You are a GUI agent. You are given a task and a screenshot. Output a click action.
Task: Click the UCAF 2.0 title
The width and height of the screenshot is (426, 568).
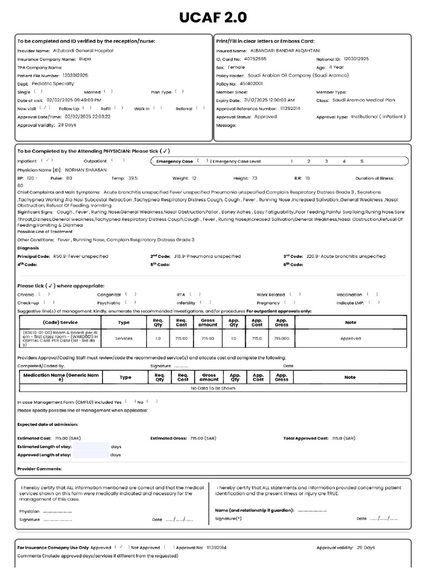click(x=213, y=18)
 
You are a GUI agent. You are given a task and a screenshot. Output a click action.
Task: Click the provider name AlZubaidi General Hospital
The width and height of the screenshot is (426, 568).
click(x=83, y=50)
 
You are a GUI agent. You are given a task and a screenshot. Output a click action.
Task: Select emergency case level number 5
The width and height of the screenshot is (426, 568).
click(x=362, y=161)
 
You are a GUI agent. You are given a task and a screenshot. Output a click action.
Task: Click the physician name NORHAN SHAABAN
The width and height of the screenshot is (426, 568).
click(x=85, y=169)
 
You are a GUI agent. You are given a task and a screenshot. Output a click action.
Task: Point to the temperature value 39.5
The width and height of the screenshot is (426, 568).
click(x=133, y=178)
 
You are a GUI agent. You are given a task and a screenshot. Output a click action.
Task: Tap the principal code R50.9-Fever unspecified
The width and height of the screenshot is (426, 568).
click(x=81, y=256)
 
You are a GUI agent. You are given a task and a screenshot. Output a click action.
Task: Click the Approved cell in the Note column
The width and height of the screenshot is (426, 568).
click(x=350, y=338)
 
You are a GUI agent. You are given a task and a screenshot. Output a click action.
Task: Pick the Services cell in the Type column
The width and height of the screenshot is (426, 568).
click(x=124, y=338)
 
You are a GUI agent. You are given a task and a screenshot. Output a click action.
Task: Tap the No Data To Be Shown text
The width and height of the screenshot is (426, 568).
click(x=213, y=388)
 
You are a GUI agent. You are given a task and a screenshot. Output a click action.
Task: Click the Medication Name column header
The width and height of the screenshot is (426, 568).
click(x=61, y=377)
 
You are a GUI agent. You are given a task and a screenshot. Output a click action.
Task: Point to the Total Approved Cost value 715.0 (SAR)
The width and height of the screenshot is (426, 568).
click(x=343, y=438)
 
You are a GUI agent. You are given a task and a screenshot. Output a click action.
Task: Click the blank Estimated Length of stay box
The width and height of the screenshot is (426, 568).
click(x=91, y=446)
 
